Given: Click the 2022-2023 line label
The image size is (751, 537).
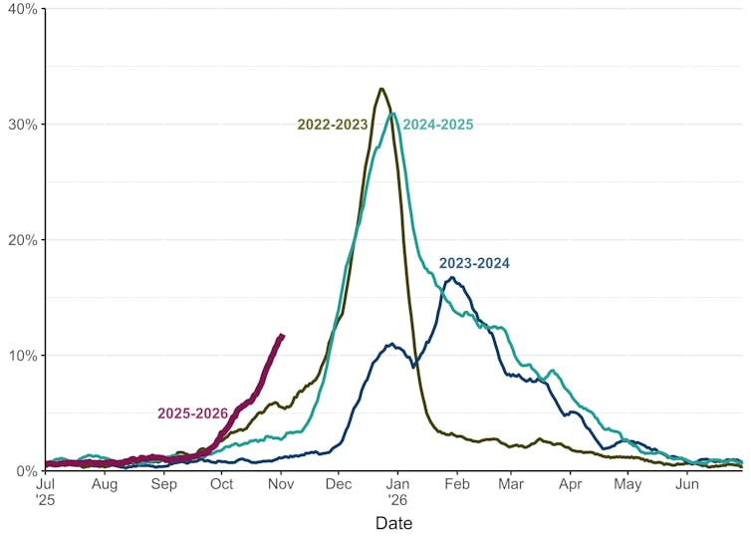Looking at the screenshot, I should point(332,125).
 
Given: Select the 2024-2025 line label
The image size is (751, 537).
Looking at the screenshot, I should point(437,125).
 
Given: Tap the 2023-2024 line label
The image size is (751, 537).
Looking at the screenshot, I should point(474,264).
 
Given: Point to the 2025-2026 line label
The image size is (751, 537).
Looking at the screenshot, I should point(193,413).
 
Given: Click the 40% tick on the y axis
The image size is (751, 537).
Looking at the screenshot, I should point(23,9).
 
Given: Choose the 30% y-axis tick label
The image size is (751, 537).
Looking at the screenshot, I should point(23,125).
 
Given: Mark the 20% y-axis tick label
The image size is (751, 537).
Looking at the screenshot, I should point(23,240).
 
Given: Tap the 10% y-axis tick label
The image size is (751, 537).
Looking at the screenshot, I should point(23,356).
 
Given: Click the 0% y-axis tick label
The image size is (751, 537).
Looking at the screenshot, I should point(26,471).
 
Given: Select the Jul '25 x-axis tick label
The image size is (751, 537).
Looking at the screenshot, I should point(47,490).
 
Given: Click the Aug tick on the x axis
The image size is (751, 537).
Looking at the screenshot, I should point(105,484).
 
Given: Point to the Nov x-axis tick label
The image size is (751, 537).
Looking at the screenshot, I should point(281,484).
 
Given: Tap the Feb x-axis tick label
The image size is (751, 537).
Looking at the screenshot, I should point(457,484).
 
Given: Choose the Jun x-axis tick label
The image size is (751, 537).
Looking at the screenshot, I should point(686,484).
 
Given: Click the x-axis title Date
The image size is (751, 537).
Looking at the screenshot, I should point(393,523).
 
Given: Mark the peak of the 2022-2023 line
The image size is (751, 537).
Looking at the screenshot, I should point(381,89).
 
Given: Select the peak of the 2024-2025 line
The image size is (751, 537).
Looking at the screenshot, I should point(393,114).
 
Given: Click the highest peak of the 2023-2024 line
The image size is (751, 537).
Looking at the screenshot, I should point(453,277).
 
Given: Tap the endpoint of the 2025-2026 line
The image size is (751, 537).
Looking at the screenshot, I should point(283,336).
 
